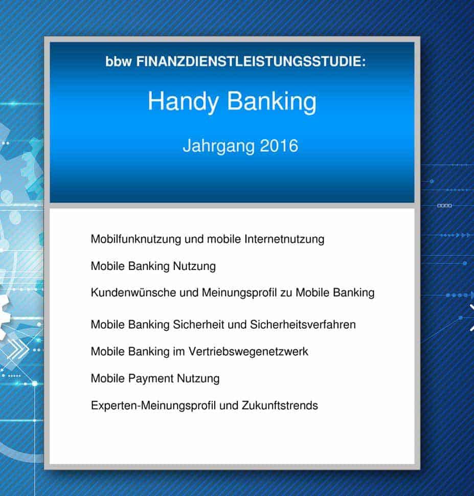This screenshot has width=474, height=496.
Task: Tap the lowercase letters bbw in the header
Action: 118,61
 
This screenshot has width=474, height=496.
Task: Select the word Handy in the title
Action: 183,102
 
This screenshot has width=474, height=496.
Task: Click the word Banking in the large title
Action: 272,102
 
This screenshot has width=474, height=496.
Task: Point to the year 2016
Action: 279,146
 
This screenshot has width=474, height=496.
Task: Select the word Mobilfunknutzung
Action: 136,239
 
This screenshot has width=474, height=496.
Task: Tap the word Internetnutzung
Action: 284,239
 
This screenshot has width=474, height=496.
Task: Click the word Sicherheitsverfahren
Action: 303,325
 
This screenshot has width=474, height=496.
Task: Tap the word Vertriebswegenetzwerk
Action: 248,351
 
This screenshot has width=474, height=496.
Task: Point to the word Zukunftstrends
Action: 280,405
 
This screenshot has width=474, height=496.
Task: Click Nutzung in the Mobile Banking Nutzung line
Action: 194,266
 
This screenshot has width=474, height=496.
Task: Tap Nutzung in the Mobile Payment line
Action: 198,378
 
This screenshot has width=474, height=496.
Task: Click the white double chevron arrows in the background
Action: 17,349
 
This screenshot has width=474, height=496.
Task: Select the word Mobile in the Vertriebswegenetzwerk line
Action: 108,351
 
